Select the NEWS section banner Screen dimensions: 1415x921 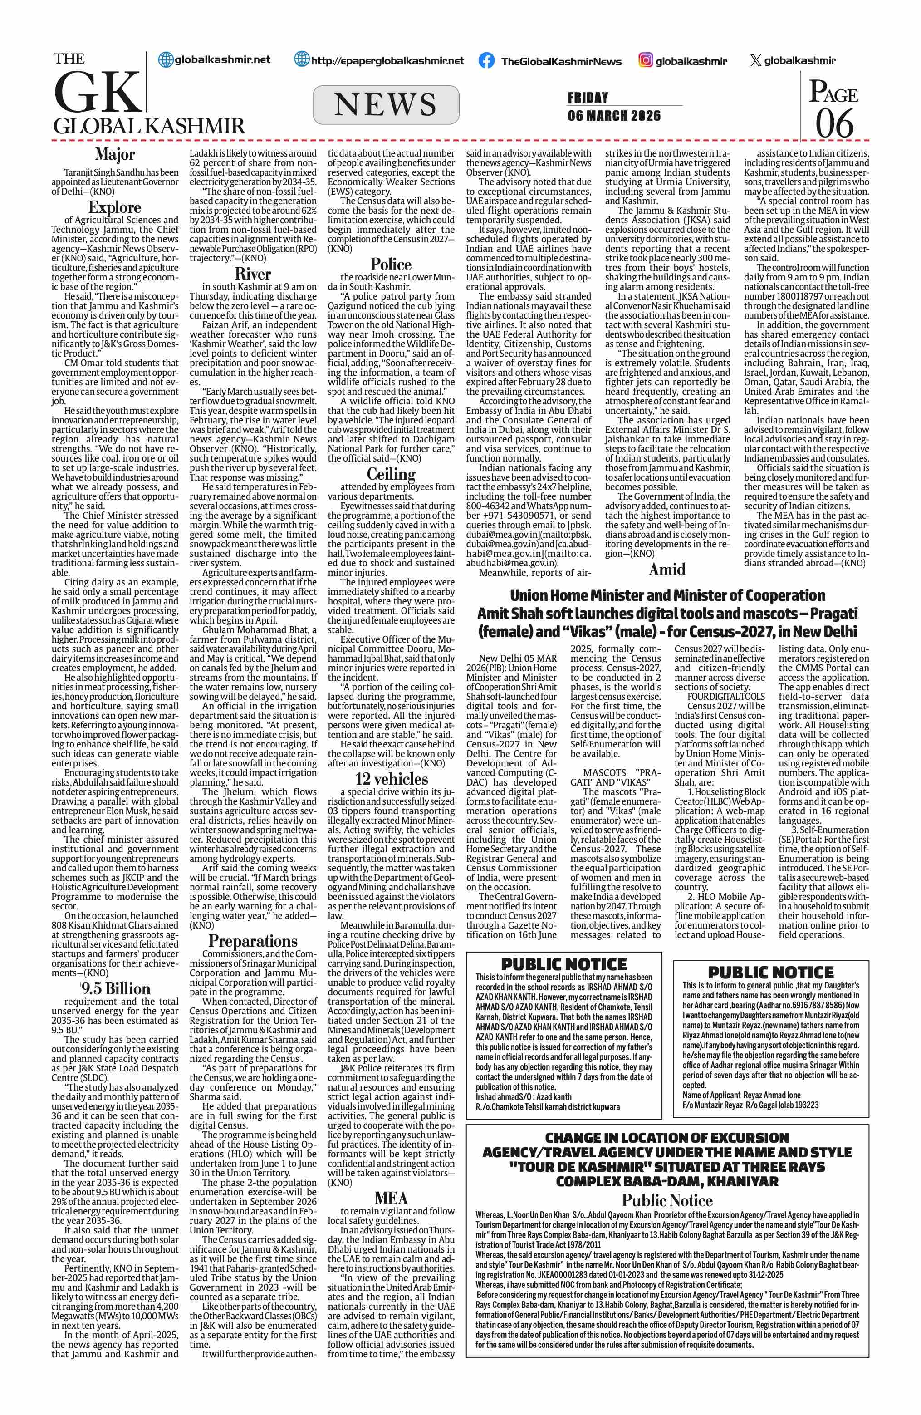click(386, 105)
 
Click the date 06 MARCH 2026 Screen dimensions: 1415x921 click(614, 115)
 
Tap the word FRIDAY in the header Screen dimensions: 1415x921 click(588, 98)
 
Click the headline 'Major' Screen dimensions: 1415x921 click(115, 155)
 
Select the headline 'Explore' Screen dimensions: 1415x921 click(115, 207)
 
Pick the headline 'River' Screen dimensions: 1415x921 click(253, 274)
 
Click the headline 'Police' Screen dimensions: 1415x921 click(391, 265)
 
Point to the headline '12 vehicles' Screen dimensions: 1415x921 click(391, 779)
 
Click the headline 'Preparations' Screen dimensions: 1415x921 click(253, 941)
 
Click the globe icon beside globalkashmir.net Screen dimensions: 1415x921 click(165, 59)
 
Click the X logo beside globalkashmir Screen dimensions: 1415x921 click(755, 60)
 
